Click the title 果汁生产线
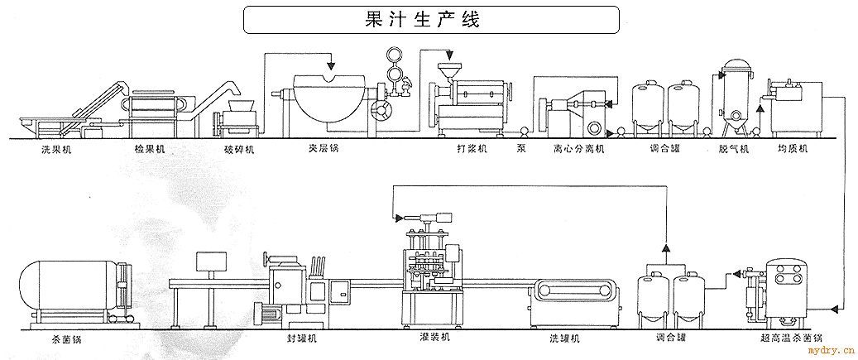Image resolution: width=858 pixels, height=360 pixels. (431, 18)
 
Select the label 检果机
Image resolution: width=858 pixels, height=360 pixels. (149, 151)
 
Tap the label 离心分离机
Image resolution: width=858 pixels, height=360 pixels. (579, 151)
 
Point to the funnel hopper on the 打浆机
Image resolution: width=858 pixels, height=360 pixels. (448, 69)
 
